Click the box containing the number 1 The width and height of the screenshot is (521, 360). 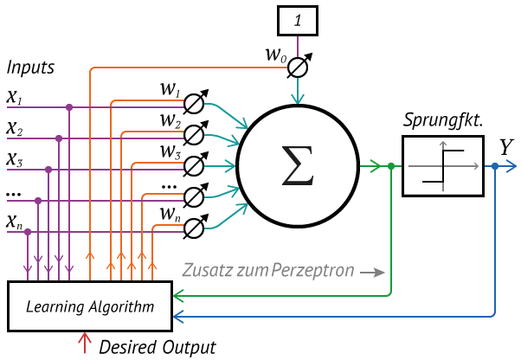point(298,18)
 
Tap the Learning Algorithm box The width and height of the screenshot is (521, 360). point(90,305)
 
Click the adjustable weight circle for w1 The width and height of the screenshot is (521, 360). point(195,104)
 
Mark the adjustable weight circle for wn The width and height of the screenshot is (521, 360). point(195,227)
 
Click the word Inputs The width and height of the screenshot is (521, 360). point(30,67)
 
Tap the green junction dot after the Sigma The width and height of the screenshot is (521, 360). point(392,166)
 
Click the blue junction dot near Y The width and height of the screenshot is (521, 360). point(495,165)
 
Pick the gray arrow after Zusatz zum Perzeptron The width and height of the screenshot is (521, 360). point(373,272)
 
